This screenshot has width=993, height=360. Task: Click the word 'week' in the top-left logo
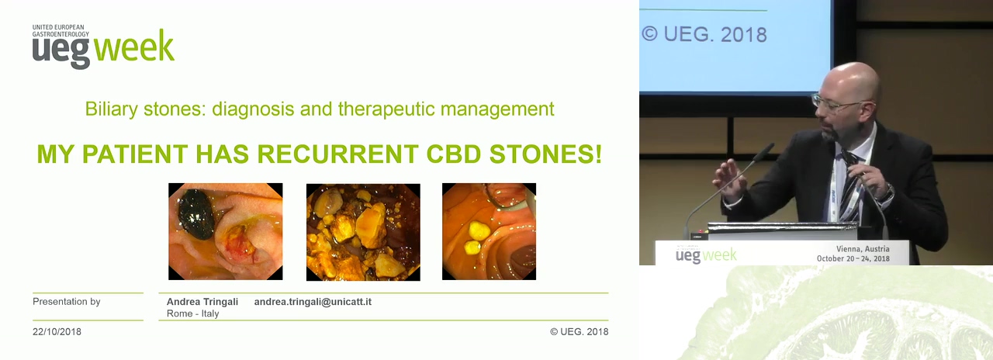pyautogui.click(x=134, y=46)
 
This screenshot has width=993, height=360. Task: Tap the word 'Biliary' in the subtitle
pyautogui.click(x=111, y=109)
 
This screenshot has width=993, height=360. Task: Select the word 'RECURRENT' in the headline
pyautogui.click(x=337, y=154)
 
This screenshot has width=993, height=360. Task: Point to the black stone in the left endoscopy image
pyautogui.click(x=196, y=214)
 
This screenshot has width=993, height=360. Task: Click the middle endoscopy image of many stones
pyautogui.click(x=363, y=232)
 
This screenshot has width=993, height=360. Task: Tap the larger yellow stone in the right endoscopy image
pyautogui.click(x=479, y=231)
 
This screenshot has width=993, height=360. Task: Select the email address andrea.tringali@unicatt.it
pyautogui.click(x=313, y=302)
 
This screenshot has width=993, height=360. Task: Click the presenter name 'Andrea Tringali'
pyautogui.click(x=202, y=302)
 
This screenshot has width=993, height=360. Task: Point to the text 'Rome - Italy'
pyautogui.click(x=193, y=313)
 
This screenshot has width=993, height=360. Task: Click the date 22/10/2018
pyautogui.click(x=57, y=331)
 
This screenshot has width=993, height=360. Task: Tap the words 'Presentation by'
pyautogui.click(x=67, y=302)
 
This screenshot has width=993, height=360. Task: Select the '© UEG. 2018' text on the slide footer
pyautogui.click(x=580, y=331)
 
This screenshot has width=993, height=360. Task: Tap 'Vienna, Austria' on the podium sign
pyautogui.click(x=863, y=249)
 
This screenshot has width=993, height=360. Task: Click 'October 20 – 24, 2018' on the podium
pyautogui.click(x=853, y=258)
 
